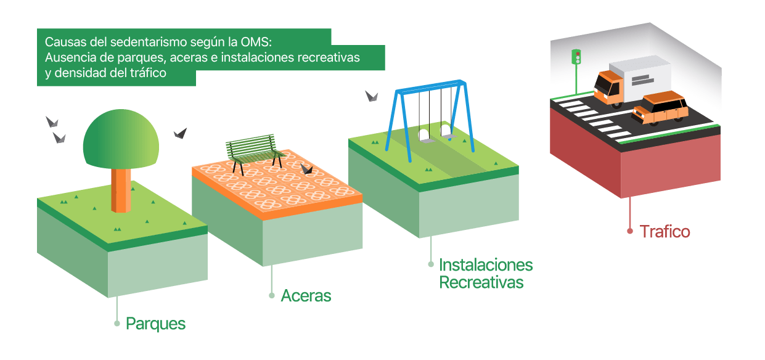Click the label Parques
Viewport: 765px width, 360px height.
(155, 324)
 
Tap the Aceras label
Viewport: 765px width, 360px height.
(306, 296)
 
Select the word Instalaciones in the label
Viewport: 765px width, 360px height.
(486, 264)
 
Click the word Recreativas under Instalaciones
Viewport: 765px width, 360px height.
(481, 282)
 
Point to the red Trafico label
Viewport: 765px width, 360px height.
(665, 232)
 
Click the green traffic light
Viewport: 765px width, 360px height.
(576, 57)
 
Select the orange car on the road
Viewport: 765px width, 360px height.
(660, 108)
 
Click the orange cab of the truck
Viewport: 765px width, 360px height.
(608, 88)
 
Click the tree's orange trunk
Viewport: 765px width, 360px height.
(121, 190)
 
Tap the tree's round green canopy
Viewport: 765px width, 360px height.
(121, 139)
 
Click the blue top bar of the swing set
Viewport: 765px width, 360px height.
(430, 86)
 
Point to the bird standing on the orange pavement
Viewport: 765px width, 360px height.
(306, 169)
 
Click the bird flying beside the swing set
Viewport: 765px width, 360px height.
(372, 96)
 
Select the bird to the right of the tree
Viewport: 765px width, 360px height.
(181, 133)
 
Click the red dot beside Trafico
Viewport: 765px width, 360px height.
(630, 231)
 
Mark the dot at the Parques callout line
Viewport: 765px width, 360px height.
(117, 324)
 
